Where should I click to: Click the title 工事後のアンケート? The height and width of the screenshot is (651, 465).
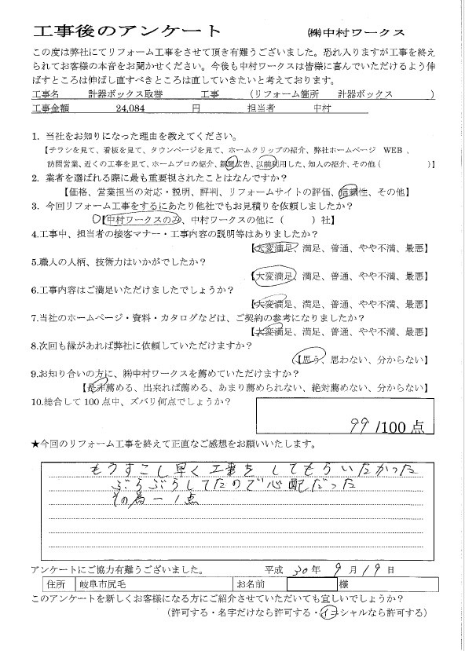click(x=127, y=32)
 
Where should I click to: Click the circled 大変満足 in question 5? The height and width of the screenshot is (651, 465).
click(x=273, y=277)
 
